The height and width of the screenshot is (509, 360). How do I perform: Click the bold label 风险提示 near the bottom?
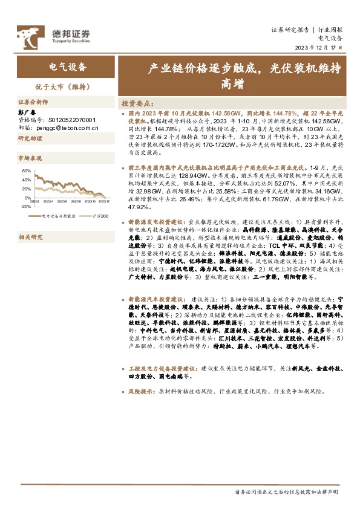click(x=141, y=391)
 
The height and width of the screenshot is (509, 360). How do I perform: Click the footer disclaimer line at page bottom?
click(x=286, y=492)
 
